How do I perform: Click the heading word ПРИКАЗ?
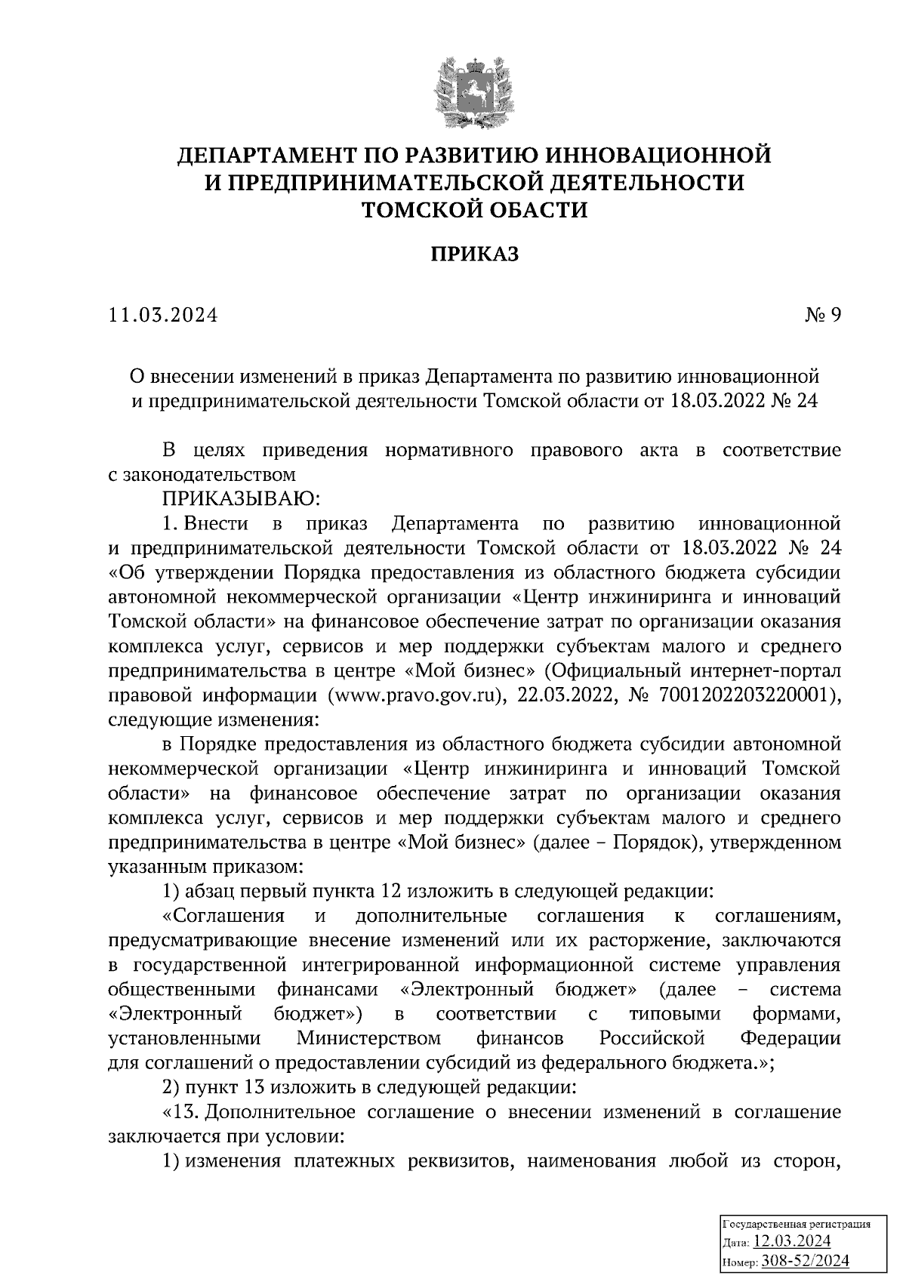click(475, 255)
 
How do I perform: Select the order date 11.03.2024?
click(162, 316)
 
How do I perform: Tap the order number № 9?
click(822, 316)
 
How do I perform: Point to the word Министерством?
click(368, 1037)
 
